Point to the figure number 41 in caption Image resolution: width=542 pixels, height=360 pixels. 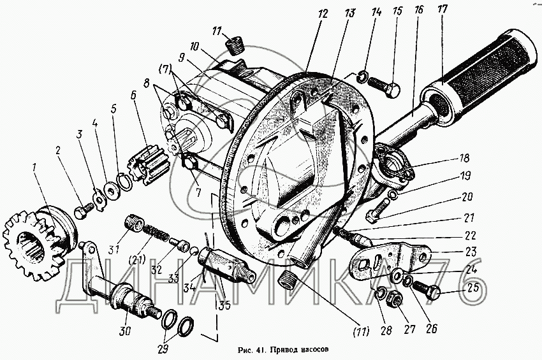tap(258, 349)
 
